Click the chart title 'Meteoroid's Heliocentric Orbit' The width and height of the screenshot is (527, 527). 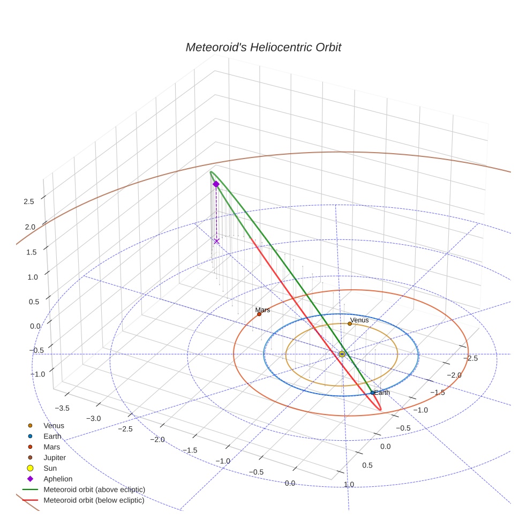pos(263,47)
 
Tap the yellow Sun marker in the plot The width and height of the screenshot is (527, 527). pos(342,354)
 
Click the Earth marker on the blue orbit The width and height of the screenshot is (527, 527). pos(372,393)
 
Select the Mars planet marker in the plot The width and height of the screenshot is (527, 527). pos(259,314)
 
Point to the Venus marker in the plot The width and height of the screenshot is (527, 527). pos(350,323)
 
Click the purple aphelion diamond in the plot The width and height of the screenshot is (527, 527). pos(216,184)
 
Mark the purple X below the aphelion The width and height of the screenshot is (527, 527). pos(216,241)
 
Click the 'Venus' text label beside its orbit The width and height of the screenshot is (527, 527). pos(359,320)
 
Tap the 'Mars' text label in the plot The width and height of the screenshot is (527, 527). pos(262,310)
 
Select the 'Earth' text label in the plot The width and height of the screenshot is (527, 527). pos(382,393)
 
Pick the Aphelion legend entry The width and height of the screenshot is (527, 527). pos(58,479)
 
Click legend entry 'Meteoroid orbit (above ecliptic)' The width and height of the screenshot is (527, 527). pos(94,490)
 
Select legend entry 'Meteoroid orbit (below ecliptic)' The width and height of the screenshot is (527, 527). pos(94,500)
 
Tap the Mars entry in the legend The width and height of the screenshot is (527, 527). pos(51,447)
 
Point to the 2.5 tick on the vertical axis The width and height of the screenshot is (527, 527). pos(28,201)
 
